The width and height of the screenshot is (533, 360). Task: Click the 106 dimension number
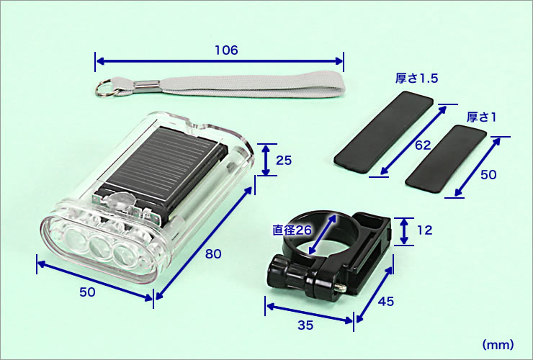point(226,50)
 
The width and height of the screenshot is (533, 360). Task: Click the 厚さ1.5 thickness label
point(417,78)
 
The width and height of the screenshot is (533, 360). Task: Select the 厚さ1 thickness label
point(481,117)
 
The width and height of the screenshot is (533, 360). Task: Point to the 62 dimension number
point(423,145)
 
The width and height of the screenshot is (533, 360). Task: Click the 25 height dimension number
point(284,160)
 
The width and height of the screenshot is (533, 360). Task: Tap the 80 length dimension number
point(213,254)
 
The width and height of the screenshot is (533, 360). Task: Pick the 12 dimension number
point(424,230)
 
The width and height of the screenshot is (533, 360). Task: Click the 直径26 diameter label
point(292,230)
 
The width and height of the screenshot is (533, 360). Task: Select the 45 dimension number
point(386,301)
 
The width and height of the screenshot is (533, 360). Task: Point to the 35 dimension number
point(305,325)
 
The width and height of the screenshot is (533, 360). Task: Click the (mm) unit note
point(498,345)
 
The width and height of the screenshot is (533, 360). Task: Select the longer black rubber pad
point(384,132)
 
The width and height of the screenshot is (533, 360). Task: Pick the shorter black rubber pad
point(446,158)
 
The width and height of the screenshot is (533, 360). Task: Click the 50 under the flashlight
point(87,292)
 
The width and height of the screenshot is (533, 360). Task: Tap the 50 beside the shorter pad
point(488,175)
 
